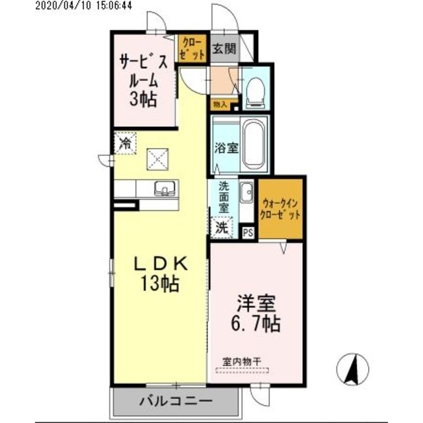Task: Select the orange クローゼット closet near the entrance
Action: tap(192, 48)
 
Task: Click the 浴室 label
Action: tap(225, 147)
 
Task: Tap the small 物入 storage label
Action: tap(219, 104)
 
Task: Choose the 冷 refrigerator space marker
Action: tap(124, 141)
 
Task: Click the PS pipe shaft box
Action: tap(249, 233)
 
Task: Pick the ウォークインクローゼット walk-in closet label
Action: tap(282, 209)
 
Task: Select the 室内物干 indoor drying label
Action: tap(242, 362)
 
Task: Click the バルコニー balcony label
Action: tap(174, 400)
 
